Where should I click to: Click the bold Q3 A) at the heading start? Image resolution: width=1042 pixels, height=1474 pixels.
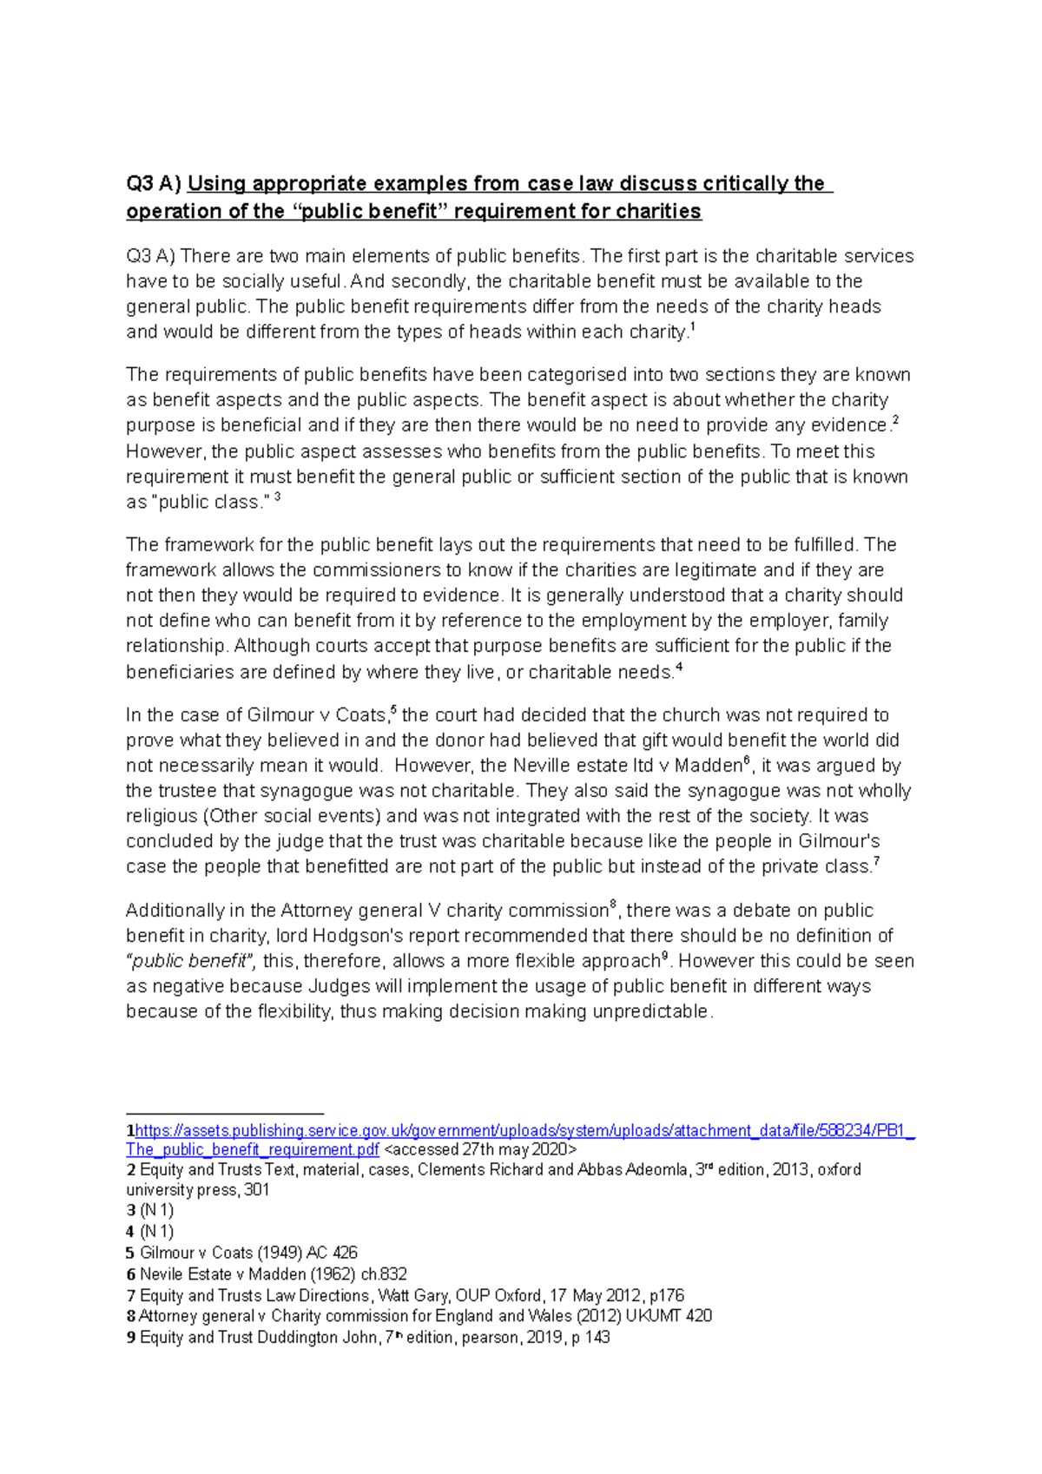[154, 184]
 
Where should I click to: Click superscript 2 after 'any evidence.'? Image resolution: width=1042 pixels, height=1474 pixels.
[895, 421]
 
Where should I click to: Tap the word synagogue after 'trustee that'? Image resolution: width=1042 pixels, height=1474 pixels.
[308, 791]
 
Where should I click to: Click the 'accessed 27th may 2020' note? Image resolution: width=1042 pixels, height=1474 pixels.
[480, 1149]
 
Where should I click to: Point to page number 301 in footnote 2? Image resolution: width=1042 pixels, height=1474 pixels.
[256, 1190]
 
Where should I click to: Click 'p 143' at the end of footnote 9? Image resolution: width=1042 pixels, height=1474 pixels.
[590, 1338]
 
